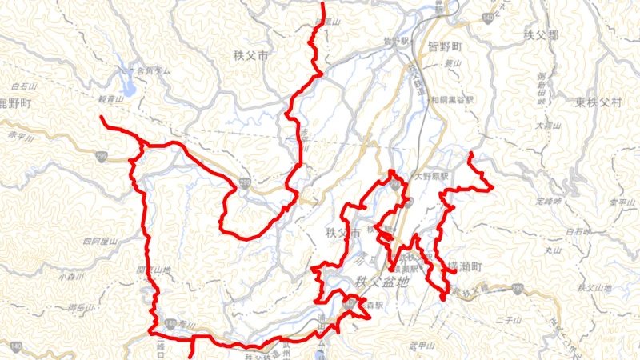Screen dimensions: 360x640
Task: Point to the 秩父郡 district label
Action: click(x=541, y=36)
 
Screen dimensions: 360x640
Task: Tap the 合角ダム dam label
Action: click(x=154, y=71)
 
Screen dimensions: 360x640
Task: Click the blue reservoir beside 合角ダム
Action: click(x=127, y=81)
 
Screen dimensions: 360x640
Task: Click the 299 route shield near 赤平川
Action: click(x=102, y=157)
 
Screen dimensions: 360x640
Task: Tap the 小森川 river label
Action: click(x=70, y=277)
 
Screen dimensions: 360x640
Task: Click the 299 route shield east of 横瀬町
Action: click(x=518, y=286)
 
